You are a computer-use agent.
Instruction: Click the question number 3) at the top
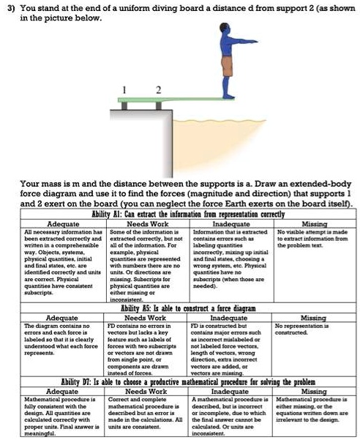pyautogui.click(x=10, y=7)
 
